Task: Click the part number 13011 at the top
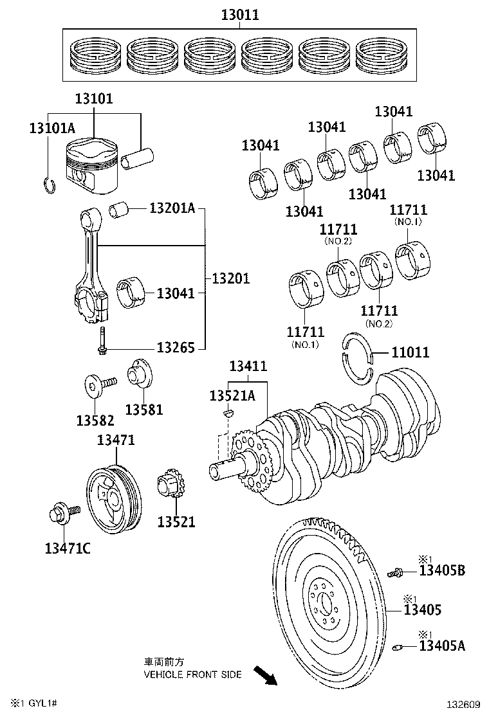240,15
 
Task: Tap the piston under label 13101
93,166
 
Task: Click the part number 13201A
172,208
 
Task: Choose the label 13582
95,421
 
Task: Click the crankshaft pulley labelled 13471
114,500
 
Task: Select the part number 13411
248,366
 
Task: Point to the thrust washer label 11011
411,352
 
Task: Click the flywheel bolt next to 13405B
396,572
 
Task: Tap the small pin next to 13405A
397,646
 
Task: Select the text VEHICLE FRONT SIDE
192,674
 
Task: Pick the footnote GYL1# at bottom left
43,703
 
